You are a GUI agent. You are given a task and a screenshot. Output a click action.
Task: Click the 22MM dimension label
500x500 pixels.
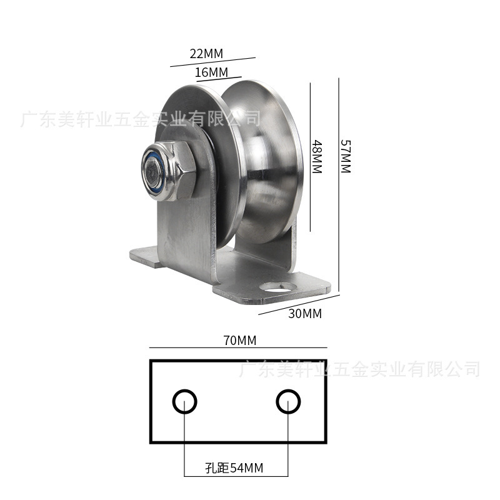(206, 54)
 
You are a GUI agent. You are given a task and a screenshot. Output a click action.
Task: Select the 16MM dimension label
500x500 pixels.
(211, 72)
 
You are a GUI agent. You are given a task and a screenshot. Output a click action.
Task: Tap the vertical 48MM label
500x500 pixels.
(317, 157)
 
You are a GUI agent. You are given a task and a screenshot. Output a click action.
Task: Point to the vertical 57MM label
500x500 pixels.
(346, 156)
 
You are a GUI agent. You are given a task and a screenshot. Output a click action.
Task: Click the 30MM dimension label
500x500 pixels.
(305, 314)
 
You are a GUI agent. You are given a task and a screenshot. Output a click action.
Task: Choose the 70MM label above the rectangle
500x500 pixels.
(239, 341)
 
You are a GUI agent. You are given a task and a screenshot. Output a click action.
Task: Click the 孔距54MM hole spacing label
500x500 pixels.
(234, 468)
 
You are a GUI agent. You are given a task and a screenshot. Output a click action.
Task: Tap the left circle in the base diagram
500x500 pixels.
(184, 401)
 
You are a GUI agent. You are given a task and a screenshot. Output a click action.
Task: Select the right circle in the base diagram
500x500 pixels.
(288, 401)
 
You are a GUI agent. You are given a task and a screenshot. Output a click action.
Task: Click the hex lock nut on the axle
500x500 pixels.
(168, 171)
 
